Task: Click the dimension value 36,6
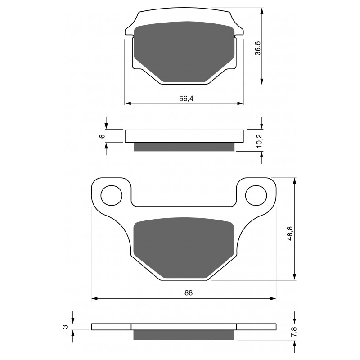click(258, 47)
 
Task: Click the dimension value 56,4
click(184, 99)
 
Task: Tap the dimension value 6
click(102, 136)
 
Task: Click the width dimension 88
click(188, 293)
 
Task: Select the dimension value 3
click(65, 327)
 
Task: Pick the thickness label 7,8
click(293, 334)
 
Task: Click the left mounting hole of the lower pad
click(112, 195)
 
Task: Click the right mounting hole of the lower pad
click(256, 195)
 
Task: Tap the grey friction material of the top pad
click(184, 50)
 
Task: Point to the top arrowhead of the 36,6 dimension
click(261, 10)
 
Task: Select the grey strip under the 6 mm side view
click(184, 147)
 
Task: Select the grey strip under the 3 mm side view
click(184, 335)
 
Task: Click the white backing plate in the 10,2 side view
click(184, 136)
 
